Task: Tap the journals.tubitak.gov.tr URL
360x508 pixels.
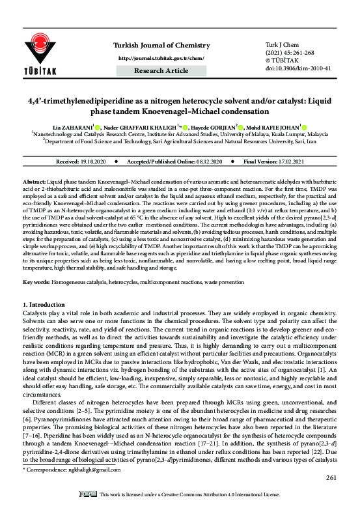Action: point(167,38)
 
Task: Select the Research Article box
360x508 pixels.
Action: point(167,50)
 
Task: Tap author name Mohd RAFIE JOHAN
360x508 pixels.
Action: point(263,129)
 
